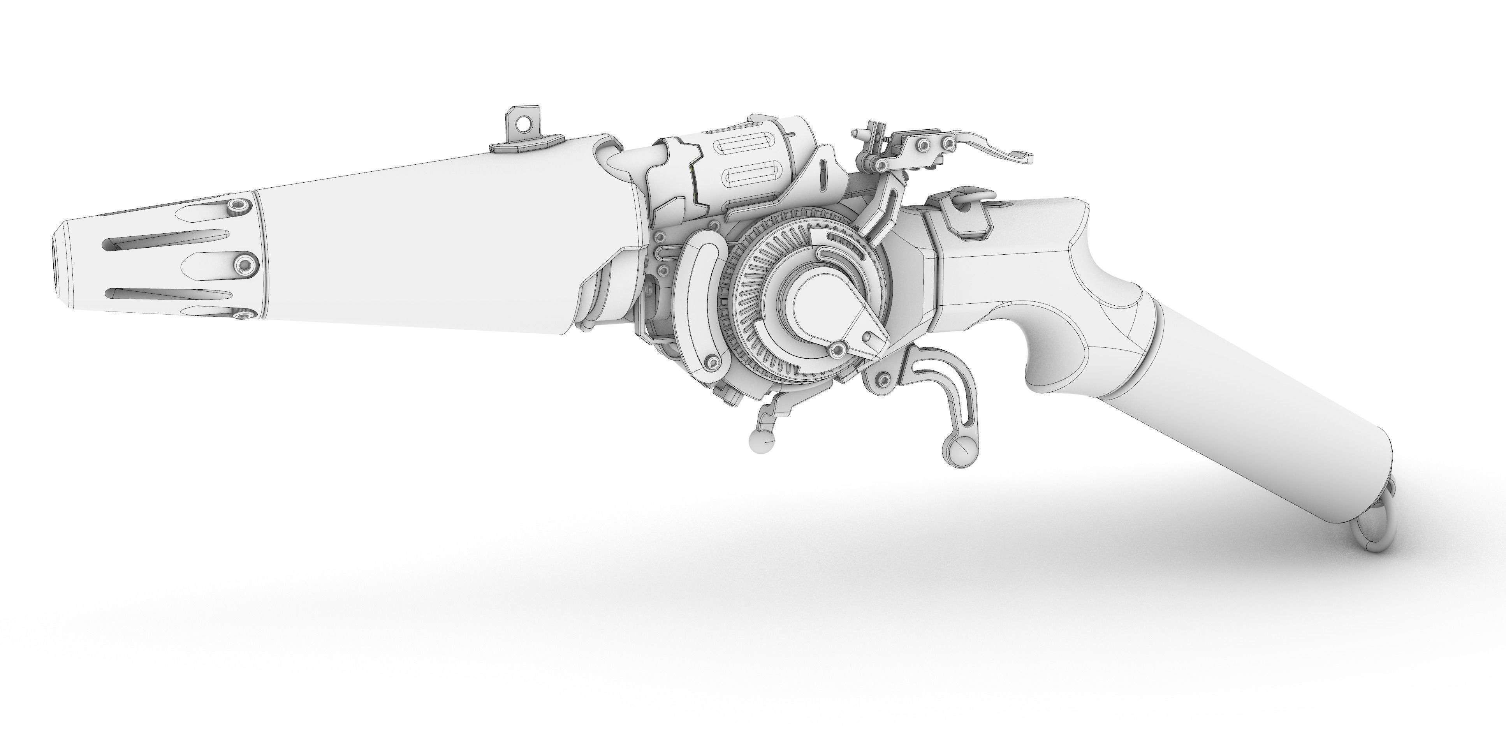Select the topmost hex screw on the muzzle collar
pyautogui.click(x=238, y=205)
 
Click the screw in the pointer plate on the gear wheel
pyautogui.click(x=838, y=350)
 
